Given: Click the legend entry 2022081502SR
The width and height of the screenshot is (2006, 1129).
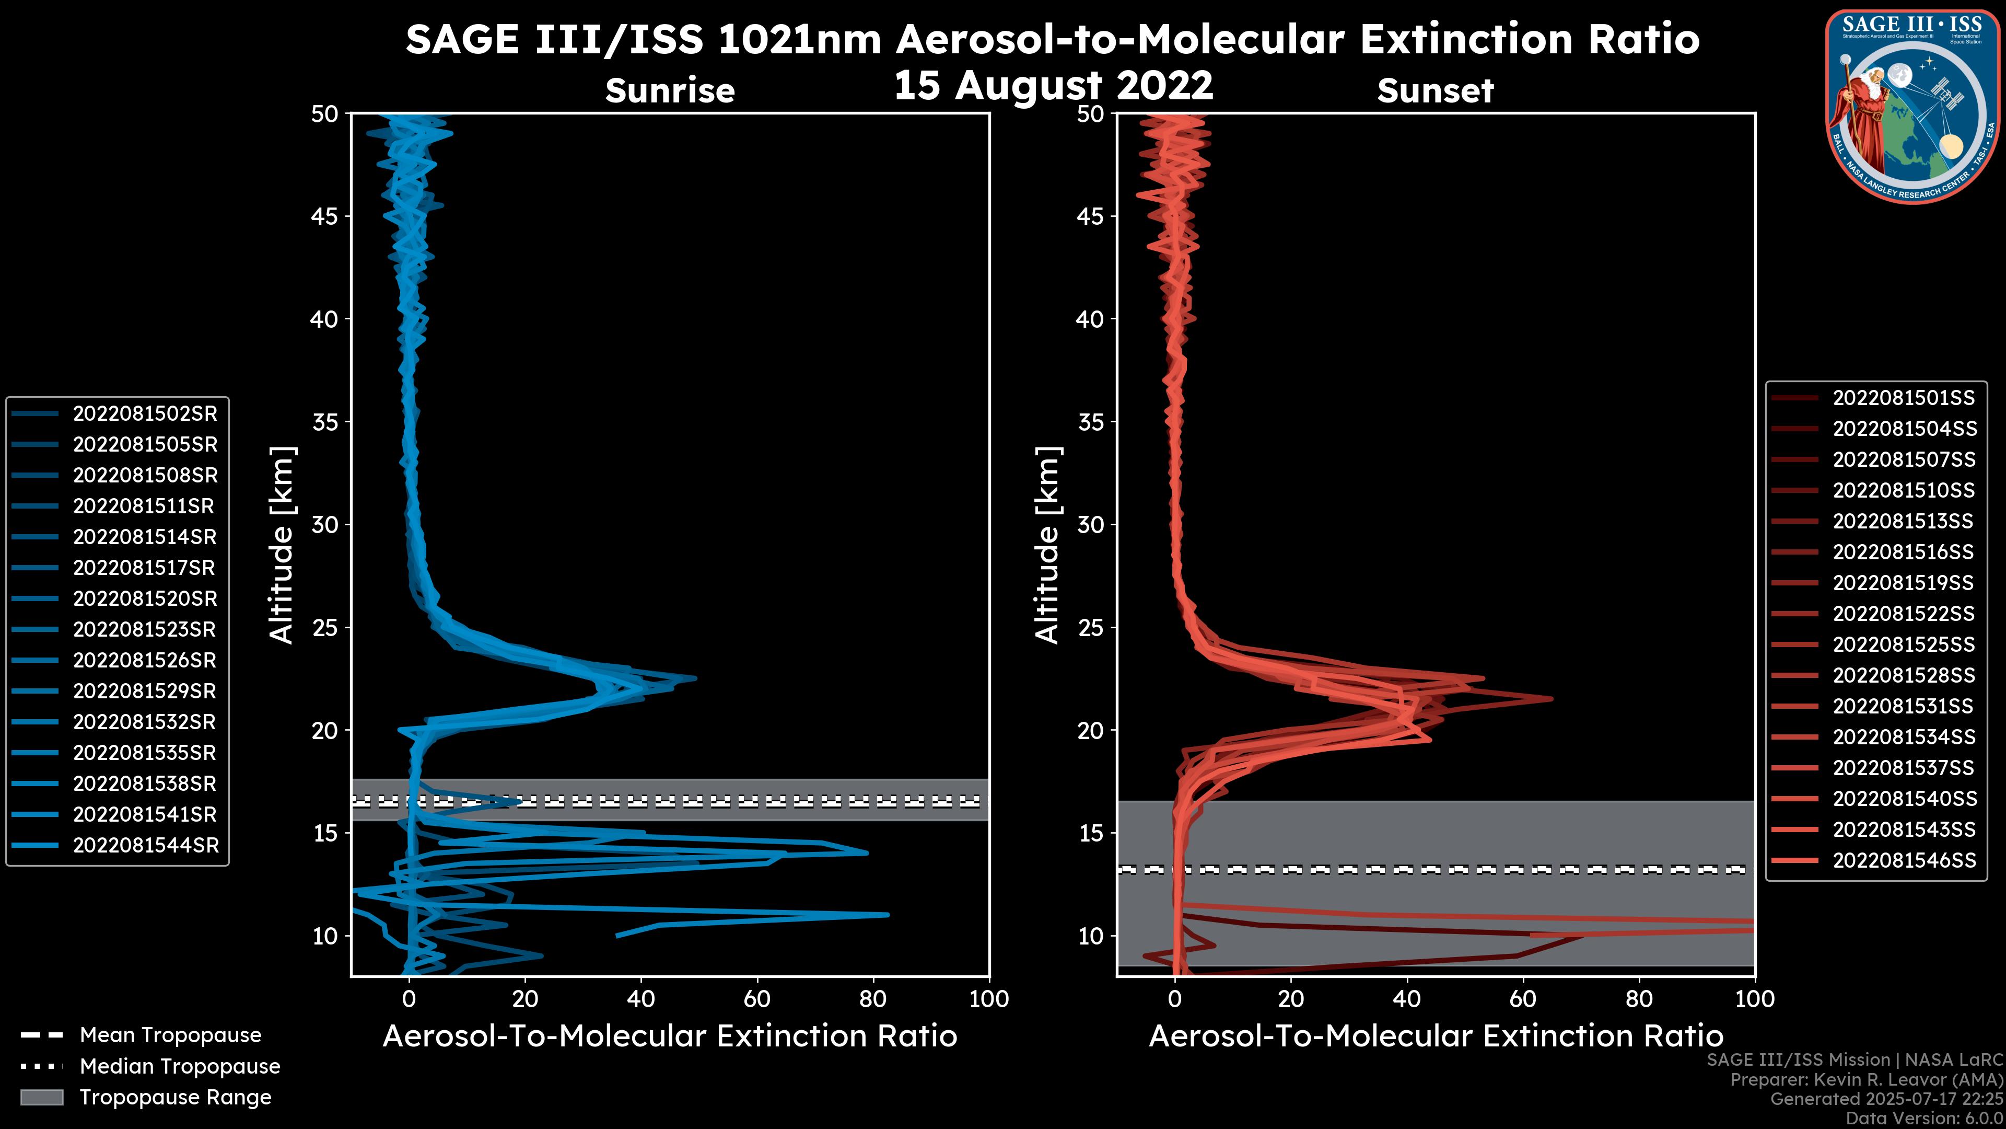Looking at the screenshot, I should click(145, 414).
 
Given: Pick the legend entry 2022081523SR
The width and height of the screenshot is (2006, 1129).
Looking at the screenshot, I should click(145, 629).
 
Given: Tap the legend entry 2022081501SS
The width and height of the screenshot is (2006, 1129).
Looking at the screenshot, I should click(1903, 398).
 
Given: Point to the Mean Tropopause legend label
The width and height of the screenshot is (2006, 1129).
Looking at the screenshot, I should click(170, 1035).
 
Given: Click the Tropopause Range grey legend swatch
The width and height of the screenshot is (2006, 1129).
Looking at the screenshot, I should click(42, 1097).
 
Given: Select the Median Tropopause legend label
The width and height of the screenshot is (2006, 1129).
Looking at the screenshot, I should click(180, 1067).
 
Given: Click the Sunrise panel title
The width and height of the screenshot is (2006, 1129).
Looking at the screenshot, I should click(670, 91).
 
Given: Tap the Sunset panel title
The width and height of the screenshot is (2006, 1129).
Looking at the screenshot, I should click(1435, 91).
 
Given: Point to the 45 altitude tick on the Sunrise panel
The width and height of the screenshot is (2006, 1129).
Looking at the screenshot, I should click(325, 216).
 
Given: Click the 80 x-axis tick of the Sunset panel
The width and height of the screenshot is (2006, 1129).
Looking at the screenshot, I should click(1639, 999).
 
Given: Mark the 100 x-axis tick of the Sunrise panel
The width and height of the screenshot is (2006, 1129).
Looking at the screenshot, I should click(989, 999).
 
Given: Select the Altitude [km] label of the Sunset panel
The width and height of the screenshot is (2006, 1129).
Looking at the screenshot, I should click(1047, 545).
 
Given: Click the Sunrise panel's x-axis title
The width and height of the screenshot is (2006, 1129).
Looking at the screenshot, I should click(670, 1036).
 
